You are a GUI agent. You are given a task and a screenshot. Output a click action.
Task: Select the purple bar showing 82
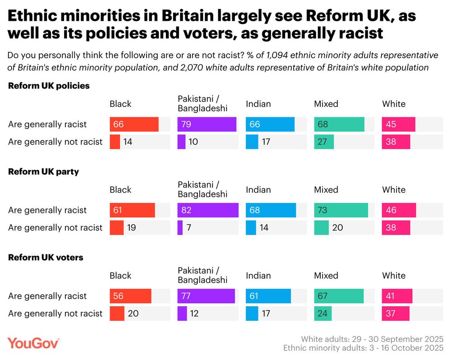coord(208,210)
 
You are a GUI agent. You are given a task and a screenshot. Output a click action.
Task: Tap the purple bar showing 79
coord(207,124)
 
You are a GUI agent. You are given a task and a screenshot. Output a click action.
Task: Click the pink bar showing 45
coord(399,124)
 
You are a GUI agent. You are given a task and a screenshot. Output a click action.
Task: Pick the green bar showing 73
coord(341,210)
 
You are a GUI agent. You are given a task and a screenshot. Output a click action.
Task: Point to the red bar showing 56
coord(130,296)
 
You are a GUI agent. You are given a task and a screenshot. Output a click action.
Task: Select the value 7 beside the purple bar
coord(190,228)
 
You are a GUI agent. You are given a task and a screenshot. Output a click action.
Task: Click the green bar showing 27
coord(324,142)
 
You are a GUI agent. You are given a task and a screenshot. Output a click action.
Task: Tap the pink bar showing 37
coord(396,314)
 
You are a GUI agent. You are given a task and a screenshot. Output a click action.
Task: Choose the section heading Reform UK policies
coord(49,86)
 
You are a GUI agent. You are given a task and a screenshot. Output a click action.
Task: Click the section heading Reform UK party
coord(44,172)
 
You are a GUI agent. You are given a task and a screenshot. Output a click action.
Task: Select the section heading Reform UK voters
coord(46,258)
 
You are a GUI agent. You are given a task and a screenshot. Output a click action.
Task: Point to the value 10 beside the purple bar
coord(193,142)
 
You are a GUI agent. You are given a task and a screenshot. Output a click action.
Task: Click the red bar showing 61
coord(132,210)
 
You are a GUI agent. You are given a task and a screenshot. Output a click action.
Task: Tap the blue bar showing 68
coord(271,210)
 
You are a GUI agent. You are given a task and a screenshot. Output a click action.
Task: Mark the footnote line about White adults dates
coord(372,339)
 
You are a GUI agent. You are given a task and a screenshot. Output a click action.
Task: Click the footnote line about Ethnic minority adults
coord(363,348)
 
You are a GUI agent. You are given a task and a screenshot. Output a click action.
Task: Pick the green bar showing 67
coord(339,296)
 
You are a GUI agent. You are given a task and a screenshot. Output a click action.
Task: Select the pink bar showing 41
coord(397,296)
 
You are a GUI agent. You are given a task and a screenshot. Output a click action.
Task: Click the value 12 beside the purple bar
coord(194,314)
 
